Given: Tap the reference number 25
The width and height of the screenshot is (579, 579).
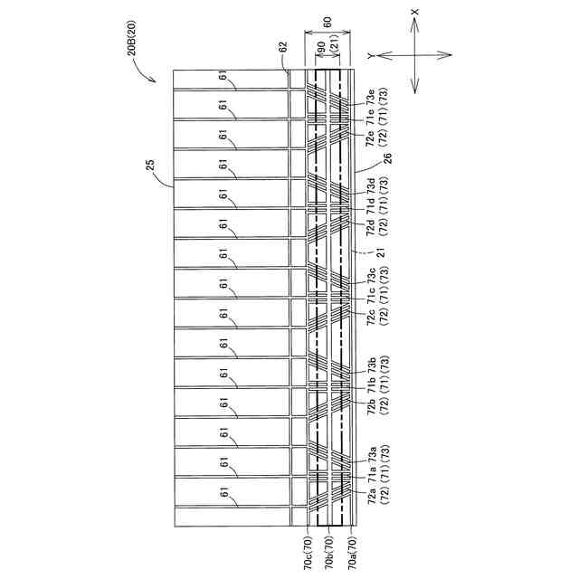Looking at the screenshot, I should tap(151, 166).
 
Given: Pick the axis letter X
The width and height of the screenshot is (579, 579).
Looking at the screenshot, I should tap(414, 14).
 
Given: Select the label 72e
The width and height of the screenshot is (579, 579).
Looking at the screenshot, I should tap(370, 137).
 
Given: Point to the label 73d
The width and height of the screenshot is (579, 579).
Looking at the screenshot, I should tap(370, 187).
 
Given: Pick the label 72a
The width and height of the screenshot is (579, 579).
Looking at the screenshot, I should tap(370, 497).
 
